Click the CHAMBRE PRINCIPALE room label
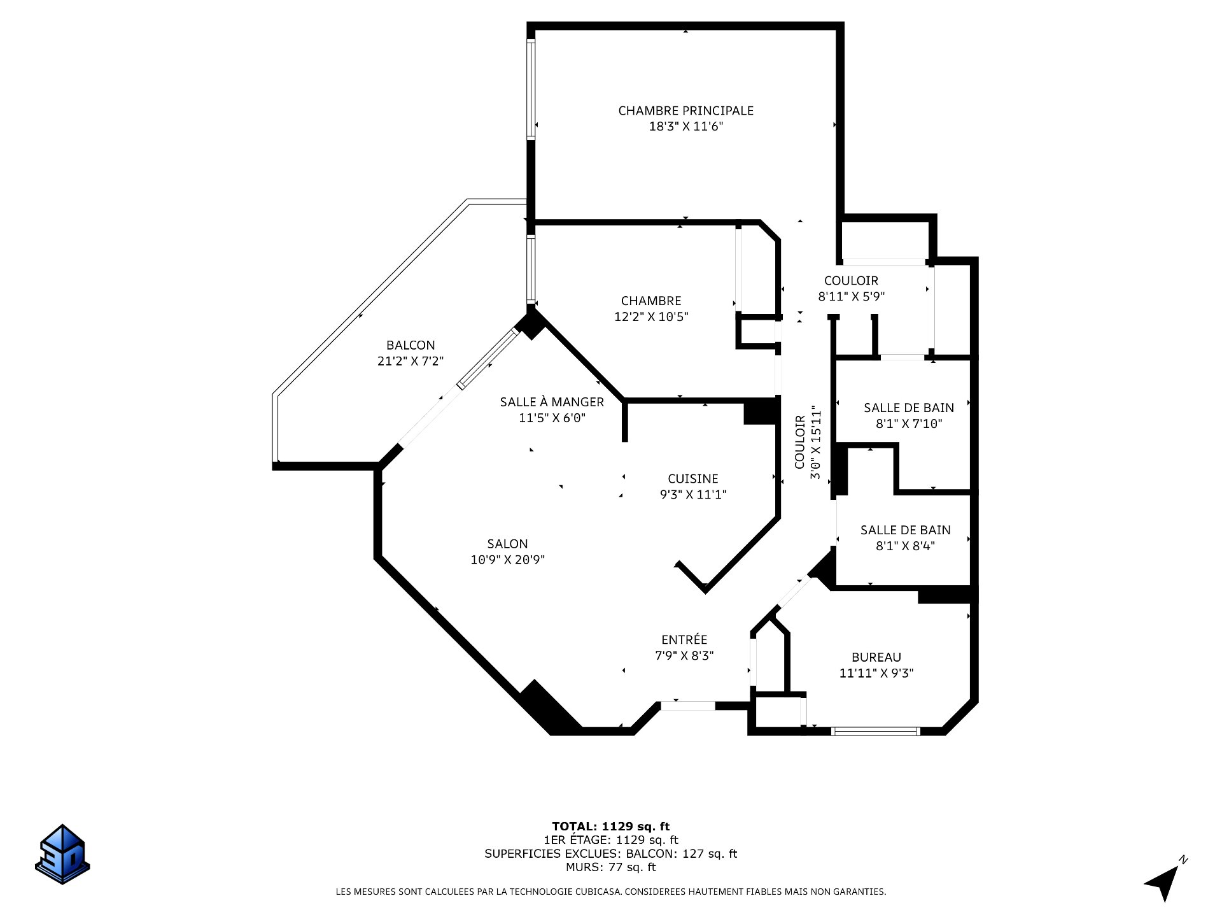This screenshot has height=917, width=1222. [685, 111]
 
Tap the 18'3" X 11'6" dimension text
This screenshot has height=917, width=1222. [685, 127]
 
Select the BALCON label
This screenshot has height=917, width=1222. [411, 345]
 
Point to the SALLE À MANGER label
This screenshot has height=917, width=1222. [552, 402]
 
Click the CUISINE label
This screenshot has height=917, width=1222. [692, 479]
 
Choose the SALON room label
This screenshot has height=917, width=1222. [507, 544]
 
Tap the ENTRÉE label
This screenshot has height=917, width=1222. [684, 639]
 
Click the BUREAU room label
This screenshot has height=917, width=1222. [876, 657]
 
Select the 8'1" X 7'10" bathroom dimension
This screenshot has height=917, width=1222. [909, 423]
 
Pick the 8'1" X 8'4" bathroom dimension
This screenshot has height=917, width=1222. [906, 546]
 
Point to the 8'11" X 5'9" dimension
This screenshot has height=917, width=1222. [851, 296]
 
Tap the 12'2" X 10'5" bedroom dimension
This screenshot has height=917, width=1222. [651, 316]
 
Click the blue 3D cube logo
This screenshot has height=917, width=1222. [62, 854]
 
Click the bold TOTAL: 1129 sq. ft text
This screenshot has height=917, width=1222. [610, 827]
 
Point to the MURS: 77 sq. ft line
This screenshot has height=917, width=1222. [610, 867]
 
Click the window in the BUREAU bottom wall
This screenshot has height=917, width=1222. [876, 731]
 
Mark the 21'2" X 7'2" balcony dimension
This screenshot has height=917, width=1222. [411, 361]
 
